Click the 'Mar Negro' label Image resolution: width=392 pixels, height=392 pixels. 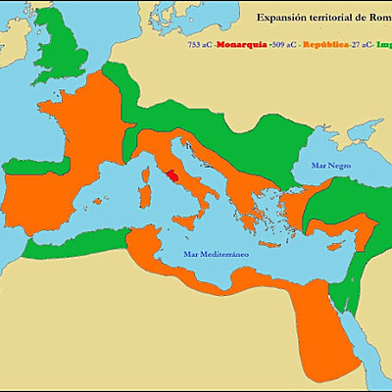(330, 166)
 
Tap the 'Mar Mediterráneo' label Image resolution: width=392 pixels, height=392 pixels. (217, 253)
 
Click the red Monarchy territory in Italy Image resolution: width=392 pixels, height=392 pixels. (171, 177)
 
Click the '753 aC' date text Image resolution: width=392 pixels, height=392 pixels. (200, 44)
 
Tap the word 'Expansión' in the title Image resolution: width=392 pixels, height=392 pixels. (278, 18)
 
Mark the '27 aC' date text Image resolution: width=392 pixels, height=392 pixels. (364, 44)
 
